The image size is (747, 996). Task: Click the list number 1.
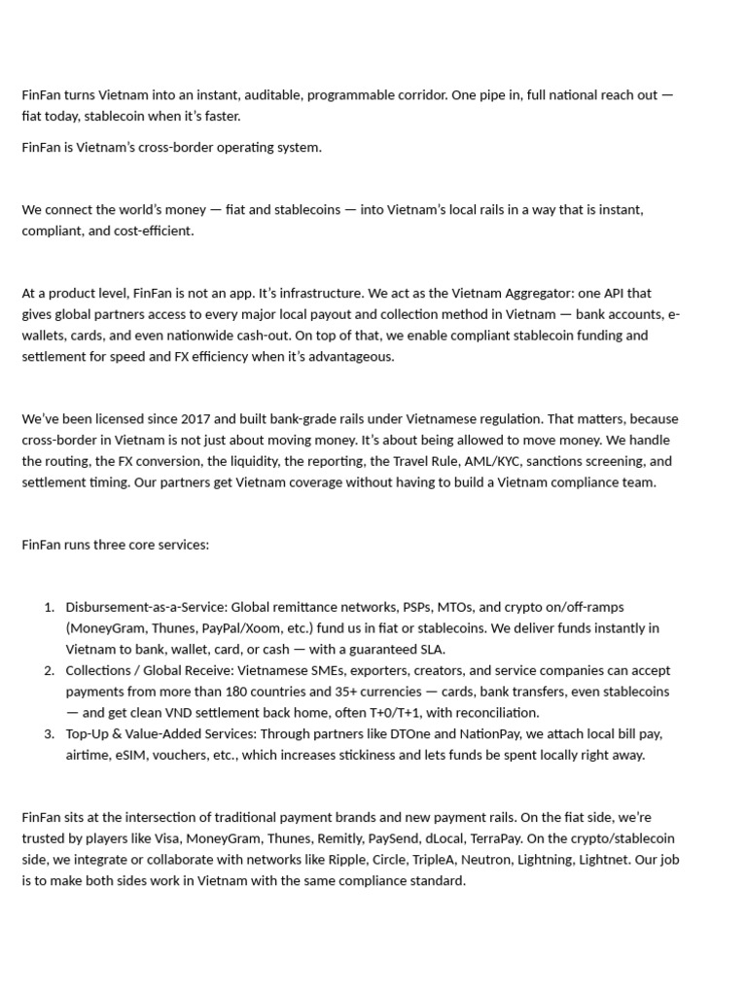click(49, 608)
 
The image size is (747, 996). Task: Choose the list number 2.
click(49, 670)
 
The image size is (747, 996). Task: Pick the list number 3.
click(49, 733)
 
